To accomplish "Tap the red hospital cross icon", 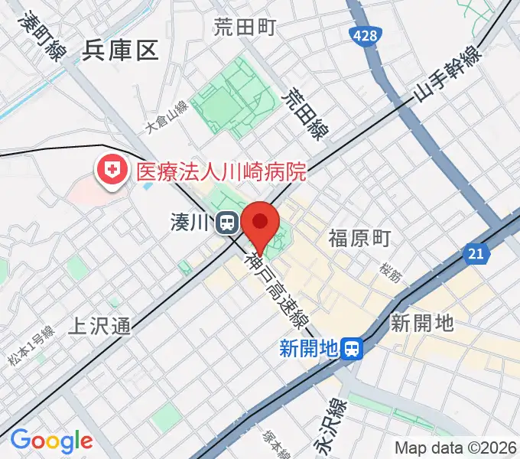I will pos(112,170).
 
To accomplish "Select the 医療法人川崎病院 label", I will pos(221,171).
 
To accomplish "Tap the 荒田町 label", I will pos(244,28).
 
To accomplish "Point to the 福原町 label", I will pos(359,238).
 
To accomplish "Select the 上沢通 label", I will pos(100,327).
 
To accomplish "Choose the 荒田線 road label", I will pos(304,115).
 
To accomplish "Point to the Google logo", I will pos(51,441).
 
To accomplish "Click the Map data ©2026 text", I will pos(455,448).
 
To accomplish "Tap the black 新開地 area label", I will pos(422,323).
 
